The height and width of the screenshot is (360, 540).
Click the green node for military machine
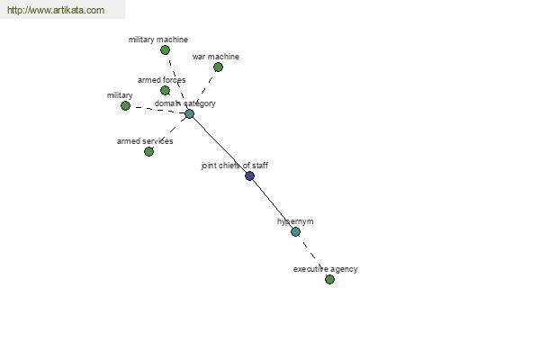coord(165,50)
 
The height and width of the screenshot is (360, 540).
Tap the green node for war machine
coord(218,67)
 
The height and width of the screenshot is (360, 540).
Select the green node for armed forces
coord(165,91)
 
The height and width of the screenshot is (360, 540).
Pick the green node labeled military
coord(126,106)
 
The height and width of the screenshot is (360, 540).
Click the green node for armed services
coord(148,151)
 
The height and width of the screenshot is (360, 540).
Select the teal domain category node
coord(189,113)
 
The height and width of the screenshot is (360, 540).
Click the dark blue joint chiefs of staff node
coord(249,176)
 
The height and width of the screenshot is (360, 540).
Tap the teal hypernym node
coord(295,232)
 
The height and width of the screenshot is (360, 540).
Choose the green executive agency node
coord(329,279)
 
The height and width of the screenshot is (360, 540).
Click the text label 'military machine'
coord(158,40)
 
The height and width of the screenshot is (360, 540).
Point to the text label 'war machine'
coord(216,57)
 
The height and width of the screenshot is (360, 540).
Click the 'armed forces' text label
coord(161,80)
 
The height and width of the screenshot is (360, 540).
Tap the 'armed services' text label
coord(145,141)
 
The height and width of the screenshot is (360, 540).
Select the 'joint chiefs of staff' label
coord(235,166)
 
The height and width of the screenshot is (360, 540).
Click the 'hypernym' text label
coord(295,221)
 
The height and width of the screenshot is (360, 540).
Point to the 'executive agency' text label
coord(326,269)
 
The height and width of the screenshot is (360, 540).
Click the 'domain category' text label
coord(184,103)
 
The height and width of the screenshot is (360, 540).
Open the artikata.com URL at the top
coord(56,10)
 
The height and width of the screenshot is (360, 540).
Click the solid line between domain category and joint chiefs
coord(220,145)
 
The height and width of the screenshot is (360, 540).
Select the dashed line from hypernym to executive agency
coord(312,256)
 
